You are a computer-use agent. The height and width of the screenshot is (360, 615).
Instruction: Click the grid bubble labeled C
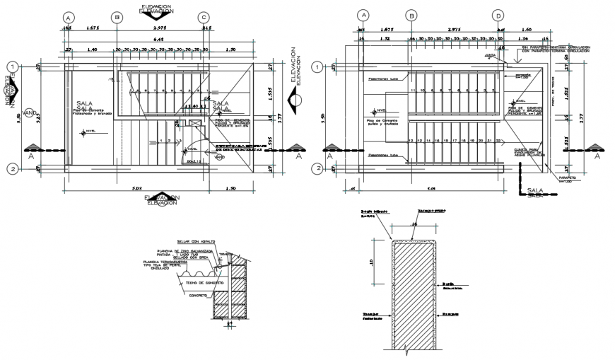pyautogui.click(x=204, y=17)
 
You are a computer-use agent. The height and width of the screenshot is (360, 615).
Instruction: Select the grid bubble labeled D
pyautogui.click(x=498, y=16)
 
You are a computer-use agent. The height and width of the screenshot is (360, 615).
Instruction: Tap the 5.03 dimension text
pyautogui.click(x=137, y=189)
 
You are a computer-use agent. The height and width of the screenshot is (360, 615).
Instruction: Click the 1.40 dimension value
pyautogui.click(x=92, y=51)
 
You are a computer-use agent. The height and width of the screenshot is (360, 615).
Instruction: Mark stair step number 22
pyautogui.click(x=499, y=141)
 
